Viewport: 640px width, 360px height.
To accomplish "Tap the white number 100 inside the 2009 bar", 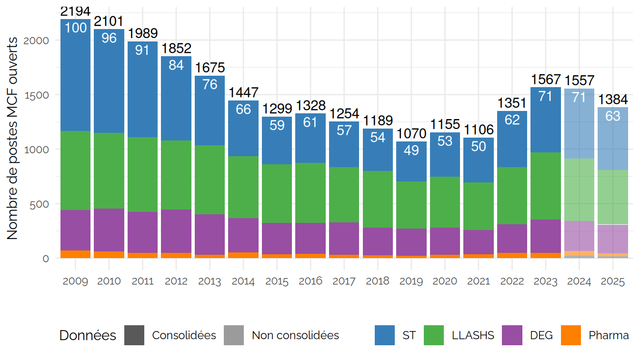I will pyautogui.click(x=75, y=28).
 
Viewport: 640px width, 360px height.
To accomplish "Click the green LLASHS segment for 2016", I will pyautogui.click(x=310, y=193).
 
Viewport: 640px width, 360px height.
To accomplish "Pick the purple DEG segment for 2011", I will pyautogui.click(x=142, y=232).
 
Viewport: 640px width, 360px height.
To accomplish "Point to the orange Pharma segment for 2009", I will pyautogui.click(x=75, y=254).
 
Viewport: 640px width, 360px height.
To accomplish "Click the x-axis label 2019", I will pyautogui.click(x=411, y=281).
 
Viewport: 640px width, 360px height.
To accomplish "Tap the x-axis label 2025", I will pyautogui.click(x=612, y=281).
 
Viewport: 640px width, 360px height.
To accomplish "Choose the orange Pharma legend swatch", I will pyautogui.click(x=571, y=335).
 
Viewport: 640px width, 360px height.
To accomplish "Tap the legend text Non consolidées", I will pyautogui.click(x=295, y=335).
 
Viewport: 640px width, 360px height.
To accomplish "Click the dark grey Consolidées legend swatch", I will pyautogui.click(x=134, y=335).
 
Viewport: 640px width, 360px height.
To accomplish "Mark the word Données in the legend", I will pyautogui.click(x=88, y=335).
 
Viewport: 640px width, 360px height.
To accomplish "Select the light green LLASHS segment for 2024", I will pyautogui.click(x=579, y=190).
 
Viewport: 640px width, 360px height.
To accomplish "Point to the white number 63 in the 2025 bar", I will pyautogui.click(x=612, y=116).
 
